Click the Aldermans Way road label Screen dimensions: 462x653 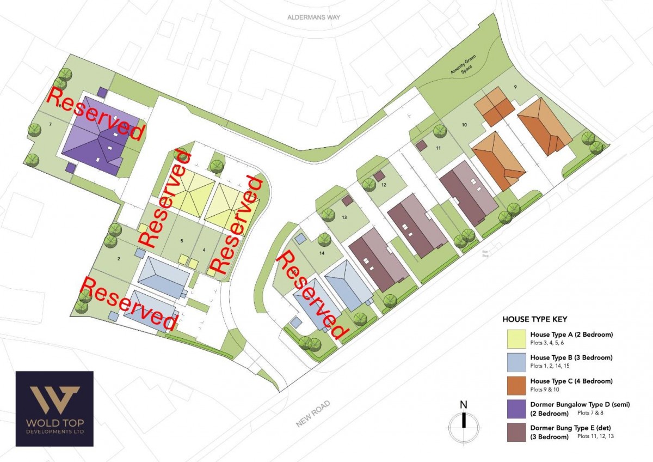tap(313, 17)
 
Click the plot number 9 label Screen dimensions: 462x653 tap(515, 87)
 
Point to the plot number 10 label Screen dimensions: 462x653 tap(464, 125)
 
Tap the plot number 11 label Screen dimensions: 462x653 tap(438, 147)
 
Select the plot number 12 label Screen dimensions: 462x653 tap(384, 185)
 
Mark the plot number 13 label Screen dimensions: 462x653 tap(344, 217)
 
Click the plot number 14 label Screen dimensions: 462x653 tap(322, 253)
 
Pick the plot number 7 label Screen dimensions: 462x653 tap(50, 125)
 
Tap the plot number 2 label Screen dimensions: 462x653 tap(118, 259)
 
